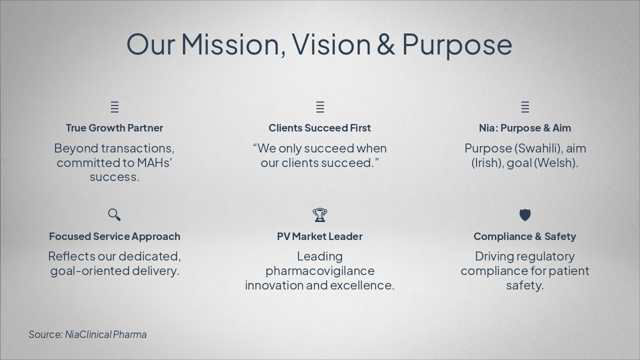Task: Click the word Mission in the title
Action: pos(233,43)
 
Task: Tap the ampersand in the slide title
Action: pos(385,43)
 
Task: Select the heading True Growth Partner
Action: pos(114,128)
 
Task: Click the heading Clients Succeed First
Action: pos(319,128)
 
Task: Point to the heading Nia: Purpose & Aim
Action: pos(524,128)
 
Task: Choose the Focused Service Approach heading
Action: pos(114,236)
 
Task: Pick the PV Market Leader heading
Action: pos(319,236)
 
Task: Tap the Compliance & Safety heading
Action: pos(524,236)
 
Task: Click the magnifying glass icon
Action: pos(114,214)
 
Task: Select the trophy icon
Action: pos(320,215)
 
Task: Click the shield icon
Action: pos(525,215)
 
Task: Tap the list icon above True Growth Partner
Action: pos(114,107)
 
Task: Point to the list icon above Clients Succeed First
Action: pos(320,107)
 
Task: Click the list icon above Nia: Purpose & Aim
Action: pos(525,107)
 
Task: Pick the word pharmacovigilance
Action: pos(319,271)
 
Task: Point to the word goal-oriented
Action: pos(89,271)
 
